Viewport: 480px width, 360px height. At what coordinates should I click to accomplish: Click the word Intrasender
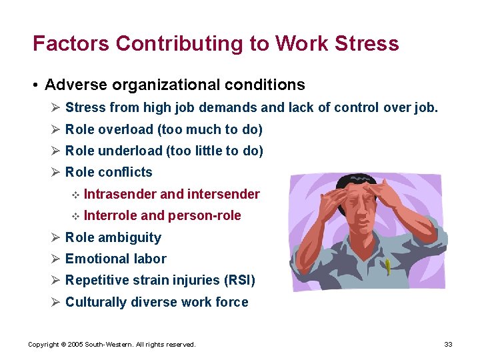pos(121,194)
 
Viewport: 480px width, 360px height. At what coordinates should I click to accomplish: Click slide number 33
pos(448,344)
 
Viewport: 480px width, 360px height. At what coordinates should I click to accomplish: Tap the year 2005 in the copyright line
pos(74,345)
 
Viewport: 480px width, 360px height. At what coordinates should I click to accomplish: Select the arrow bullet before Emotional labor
pos(56,259)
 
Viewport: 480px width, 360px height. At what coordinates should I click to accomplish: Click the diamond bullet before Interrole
pos(75,216)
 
